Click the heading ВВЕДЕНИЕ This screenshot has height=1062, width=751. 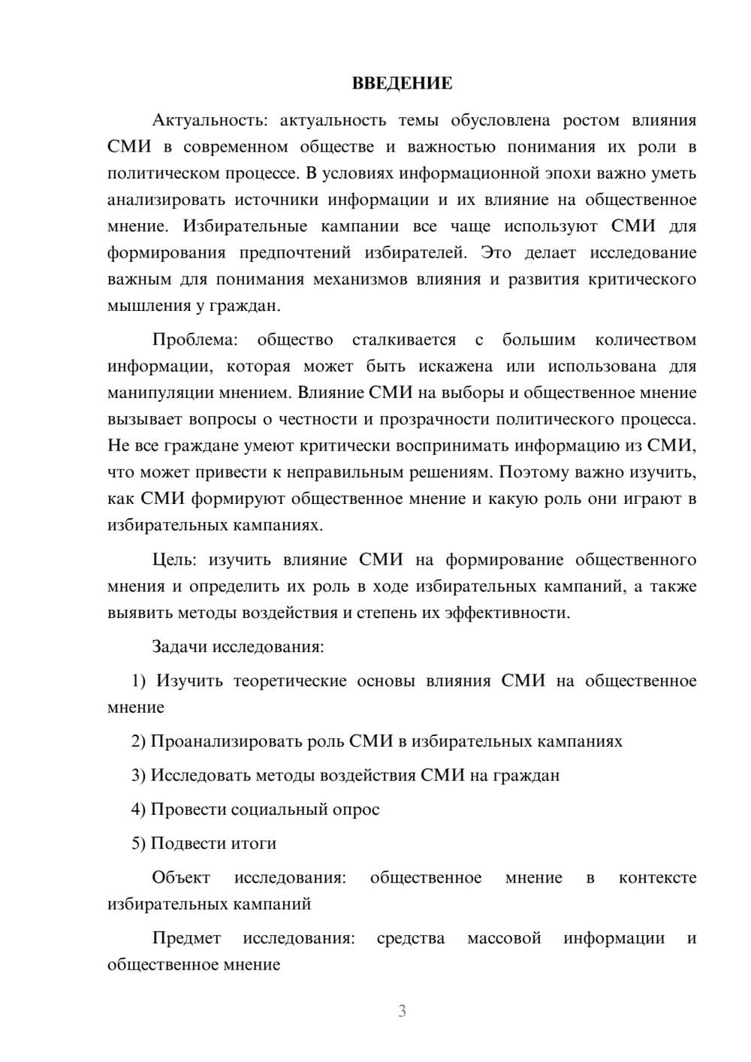[402, 83]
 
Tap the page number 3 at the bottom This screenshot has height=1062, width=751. [402, 1011]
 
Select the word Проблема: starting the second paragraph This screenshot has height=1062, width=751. [195, 340]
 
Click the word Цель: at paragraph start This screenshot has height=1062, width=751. [174, 560]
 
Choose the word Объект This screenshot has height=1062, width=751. [181, 878]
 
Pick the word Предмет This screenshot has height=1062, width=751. [186, 938]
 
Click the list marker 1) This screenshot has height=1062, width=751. [139, 681]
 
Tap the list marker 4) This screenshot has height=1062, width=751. [139, 810]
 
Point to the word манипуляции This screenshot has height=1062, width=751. [154, 393]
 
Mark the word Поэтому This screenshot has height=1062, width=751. [531, 472]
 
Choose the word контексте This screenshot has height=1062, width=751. [657, 878]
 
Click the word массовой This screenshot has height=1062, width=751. [504, 938]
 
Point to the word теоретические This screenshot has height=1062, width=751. [290, 681]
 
